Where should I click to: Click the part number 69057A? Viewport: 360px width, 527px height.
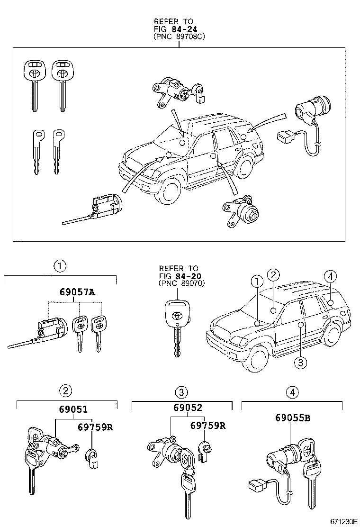click(x=77, y=292)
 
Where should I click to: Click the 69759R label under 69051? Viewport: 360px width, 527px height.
click(x=95, y=427)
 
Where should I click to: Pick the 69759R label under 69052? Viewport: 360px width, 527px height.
click(x=208, y=425)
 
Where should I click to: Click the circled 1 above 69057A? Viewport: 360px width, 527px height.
click(x=60, y=266)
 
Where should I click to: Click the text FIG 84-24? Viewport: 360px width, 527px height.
click(x=174, y=29)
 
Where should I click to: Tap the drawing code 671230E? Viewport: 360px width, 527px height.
click(x=343, y=521)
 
